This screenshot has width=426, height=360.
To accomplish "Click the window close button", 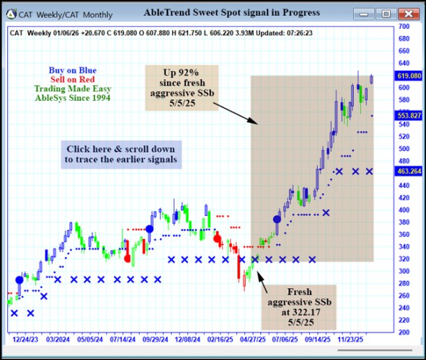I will pos(408,13).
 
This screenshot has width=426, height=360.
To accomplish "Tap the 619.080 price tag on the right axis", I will pos(408,76).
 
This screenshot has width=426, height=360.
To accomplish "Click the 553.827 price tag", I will pos(408,115).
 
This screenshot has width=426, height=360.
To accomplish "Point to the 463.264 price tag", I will pos(408,171).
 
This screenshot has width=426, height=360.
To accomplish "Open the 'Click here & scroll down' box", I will pos(120,154).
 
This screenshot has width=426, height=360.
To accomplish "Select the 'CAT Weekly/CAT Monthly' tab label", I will pos(62,13).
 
